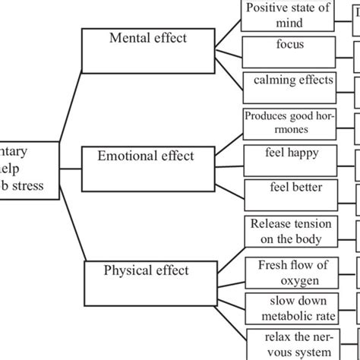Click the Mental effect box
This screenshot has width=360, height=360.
(x=147, y=49)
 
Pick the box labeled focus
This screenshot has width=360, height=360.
(x=290, y=49)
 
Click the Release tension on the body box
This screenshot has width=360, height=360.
(x=290, y=232)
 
